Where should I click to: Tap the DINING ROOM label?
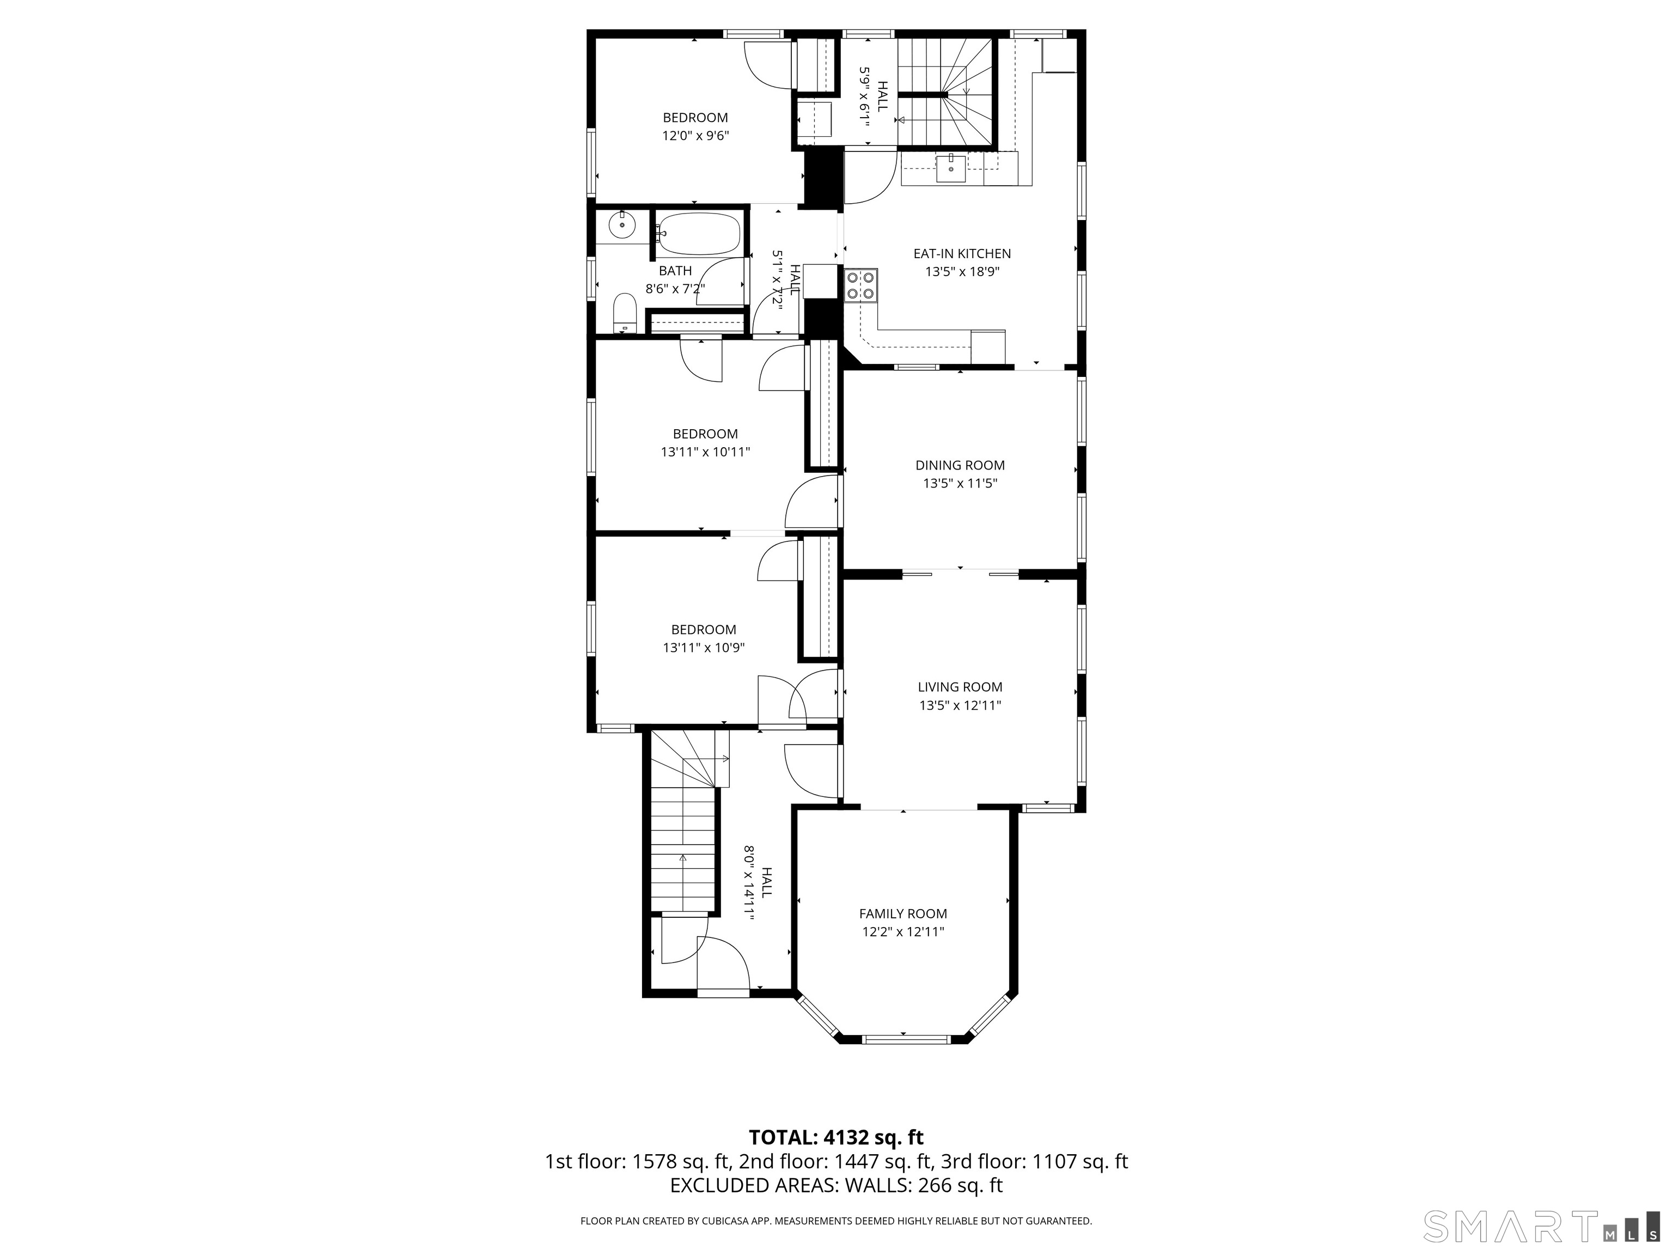tap(960, 465)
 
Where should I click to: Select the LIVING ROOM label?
tap(960, 687)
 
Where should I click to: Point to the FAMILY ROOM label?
tap(903, 914)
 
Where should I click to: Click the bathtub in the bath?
tap(697, 235)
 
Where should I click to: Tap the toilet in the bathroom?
tap(625, 313)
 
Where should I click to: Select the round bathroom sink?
tap(622, 224)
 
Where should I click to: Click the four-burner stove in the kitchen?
tap(860, 285)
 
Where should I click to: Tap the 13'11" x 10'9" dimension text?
tap(704, 648)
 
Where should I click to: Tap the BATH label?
tap(675, 271)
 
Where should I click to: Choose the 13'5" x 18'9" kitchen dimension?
tap(962, 272)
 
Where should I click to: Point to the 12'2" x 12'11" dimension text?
tap(903, 932)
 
